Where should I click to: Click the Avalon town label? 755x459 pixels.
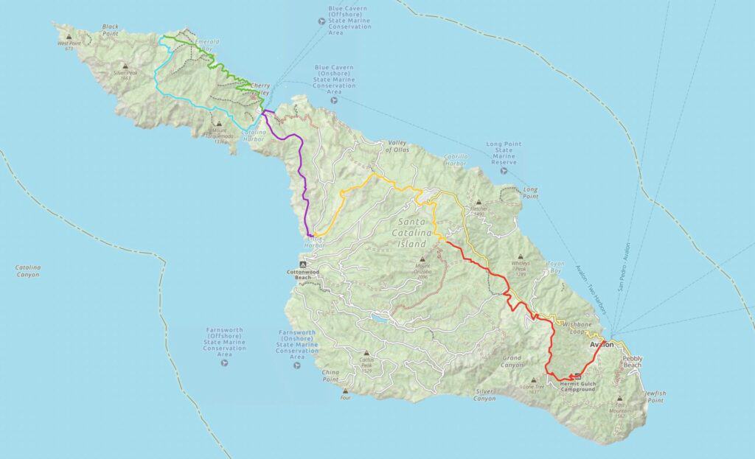[602, 344]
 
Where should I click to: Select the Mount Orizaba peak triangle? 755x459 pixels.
[422, 259]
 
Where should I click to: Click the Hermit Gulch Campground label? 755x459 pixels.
[577, 386]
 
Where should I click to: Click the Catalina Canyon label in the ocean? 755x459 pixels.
[27, 271]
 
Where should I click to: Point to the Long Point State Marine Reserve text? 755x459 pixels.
[505, 153]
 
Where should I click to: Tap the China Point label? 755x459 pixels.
[334, 376]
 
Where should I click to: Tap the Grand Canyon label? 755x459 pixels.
[511, 362]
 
